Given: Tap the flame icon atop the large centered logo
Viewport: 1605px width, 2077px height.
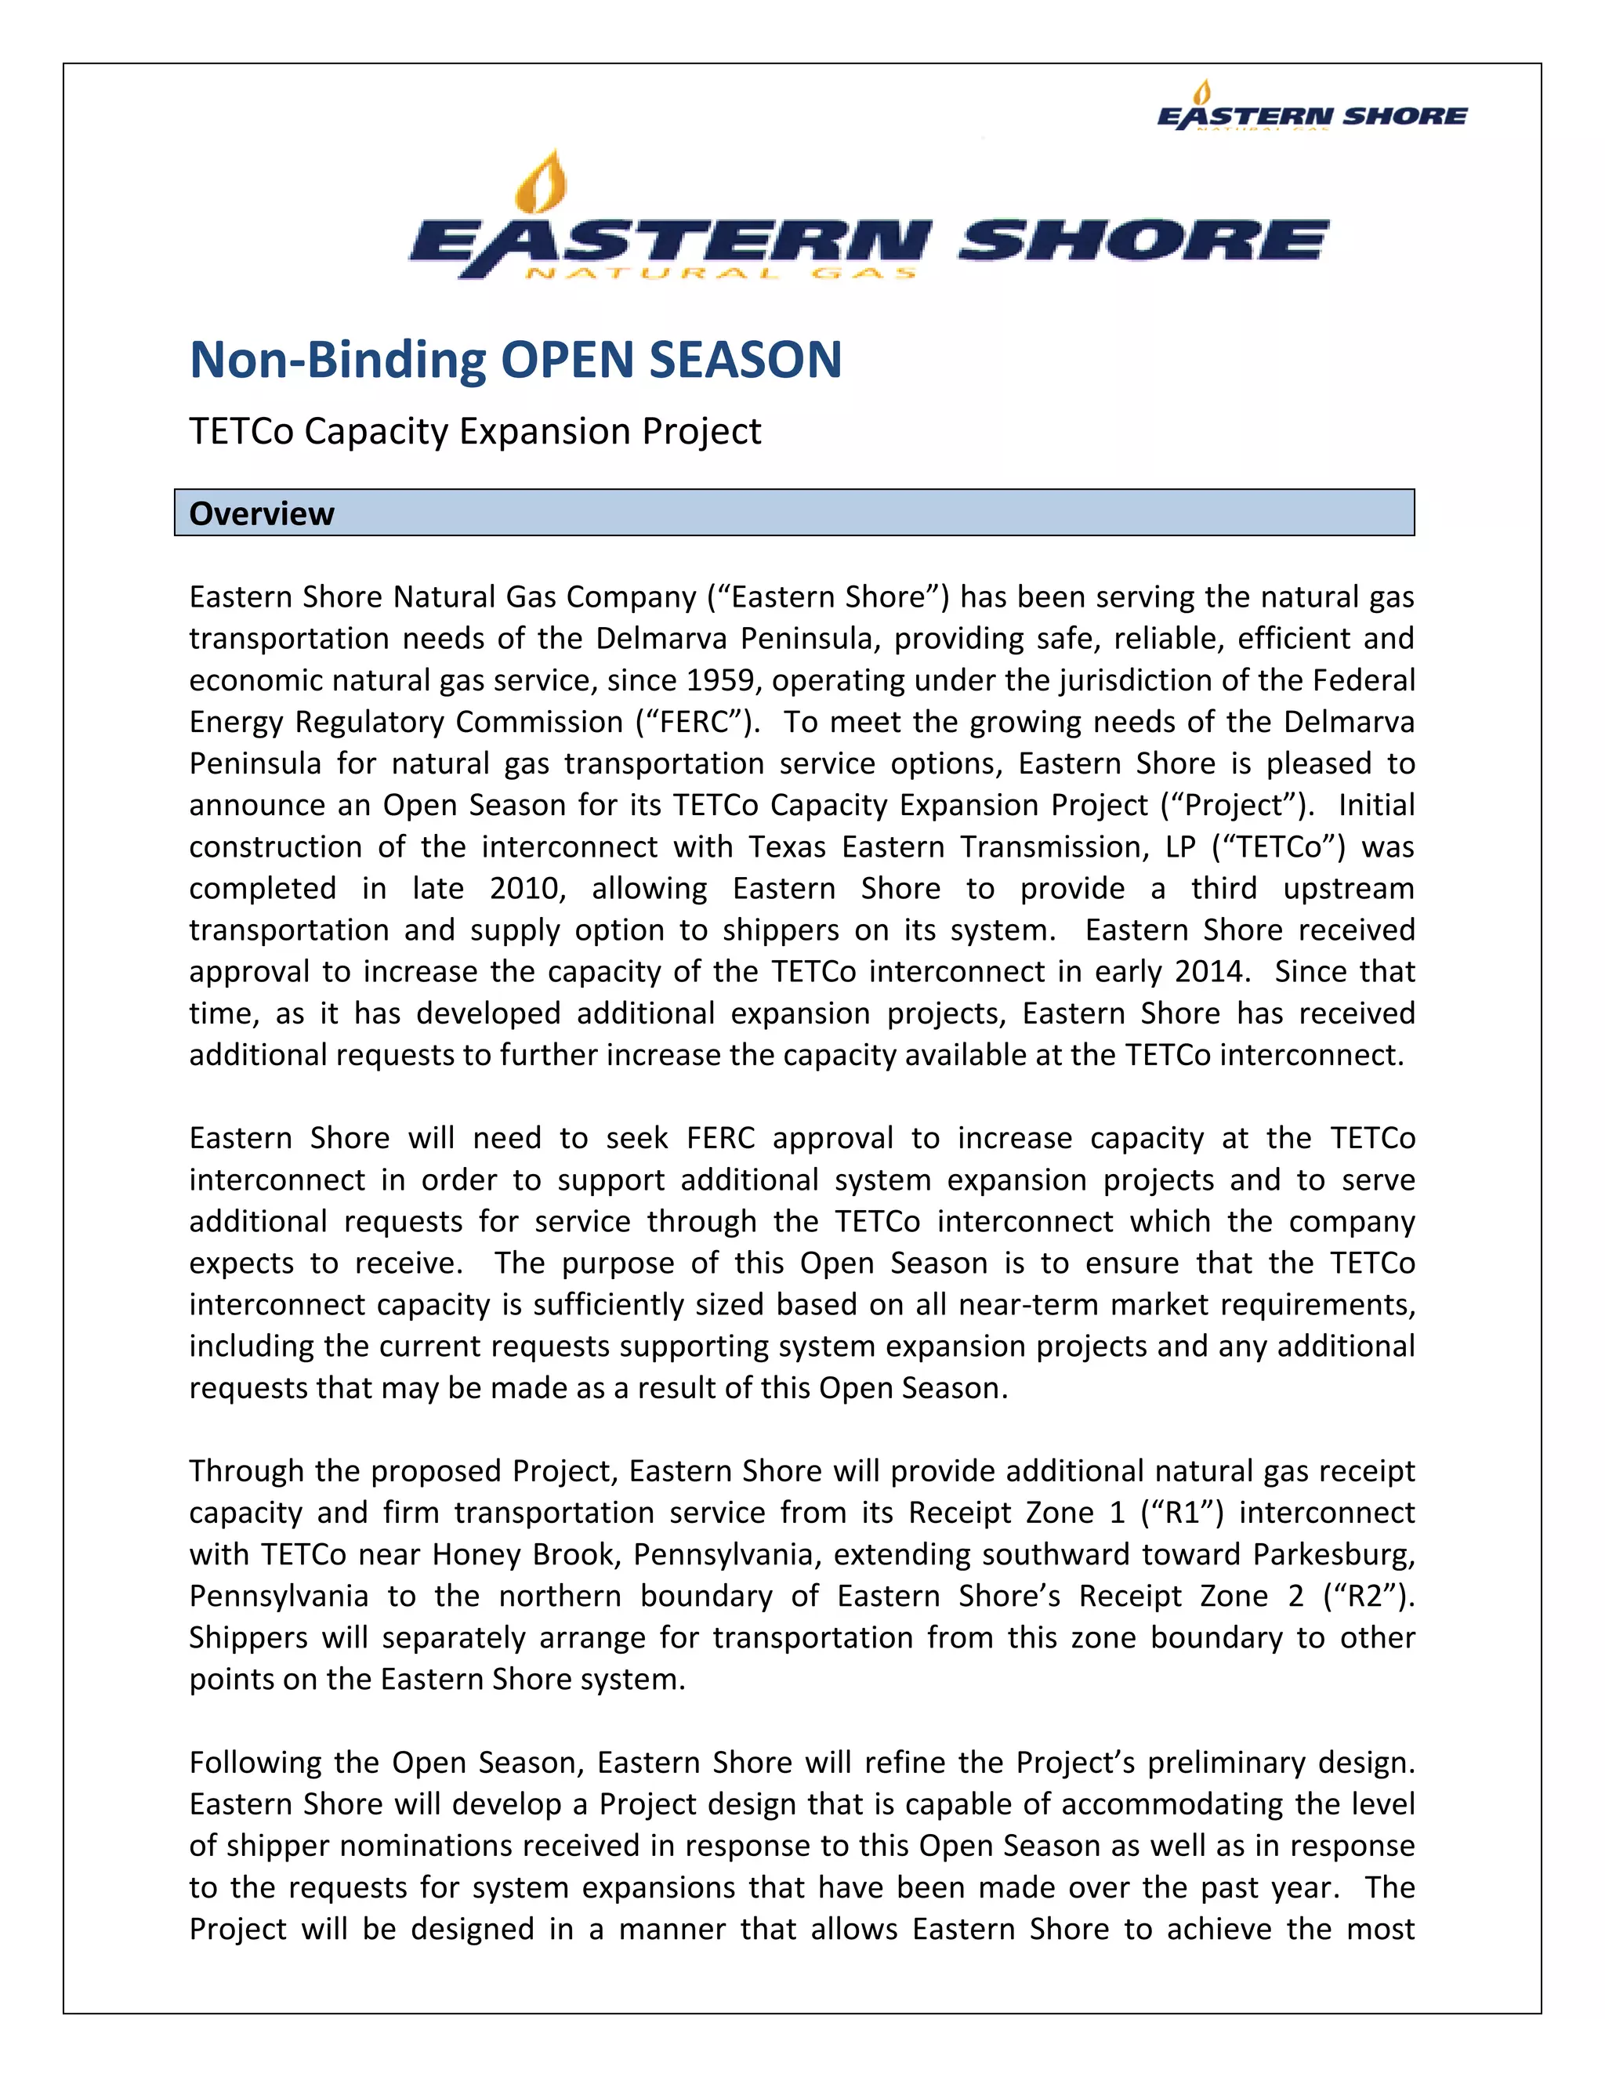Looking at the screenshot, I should click(540, 183).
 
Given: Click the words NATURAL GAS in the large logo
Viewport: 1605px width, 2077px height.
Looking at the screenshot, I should click(719, 273).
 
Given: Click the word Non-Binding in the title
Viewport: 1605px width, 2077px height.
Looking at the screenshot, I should click(338, 360).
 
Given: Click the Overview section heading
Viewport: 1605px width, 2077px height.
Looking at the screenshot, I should click(262, 513).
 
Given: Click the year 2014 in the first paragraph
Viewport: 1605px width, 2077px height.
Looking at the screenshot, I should click(1208, 971).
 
